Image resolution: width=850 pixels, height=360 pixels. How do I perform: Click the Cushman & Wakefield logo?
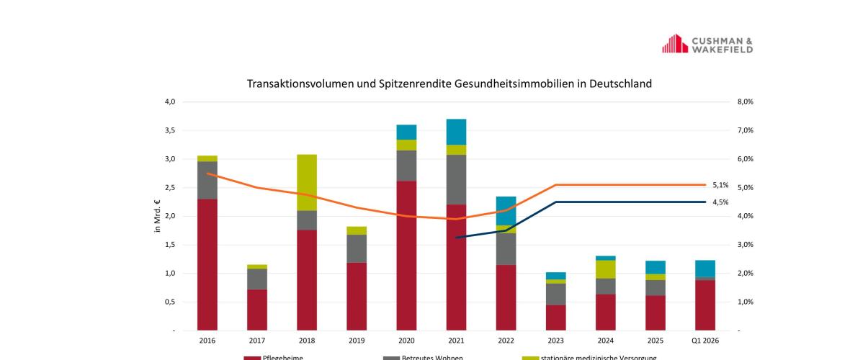click(707, 44)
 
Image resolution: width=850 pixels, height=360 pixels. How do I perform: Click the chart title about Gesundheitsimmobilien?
click(449, 84)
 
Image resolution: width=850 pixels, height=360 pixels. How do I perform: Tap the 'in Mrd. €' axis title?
click(158, 216)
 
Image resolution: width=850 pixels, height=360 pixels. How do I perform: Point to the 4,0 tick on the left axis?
click(170, 102)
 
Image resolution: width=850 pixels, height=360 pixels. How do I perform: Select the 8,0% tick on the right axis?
click(745, 102)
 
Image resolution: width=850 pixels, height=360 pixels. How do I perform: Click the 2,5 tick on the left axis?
click(170, 188)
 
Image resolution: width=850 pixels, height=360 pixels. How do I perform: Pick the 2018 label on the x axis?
click(307, 340)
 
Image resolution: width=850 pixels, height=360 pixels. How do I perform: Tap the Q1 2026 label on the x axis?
click(704, 340)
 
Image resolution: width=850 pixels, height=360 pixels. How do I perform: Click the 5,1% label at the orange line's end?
click(720, 185)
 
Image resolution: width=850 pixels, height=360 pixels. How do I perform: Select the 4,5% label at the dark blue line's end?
click(720, 202)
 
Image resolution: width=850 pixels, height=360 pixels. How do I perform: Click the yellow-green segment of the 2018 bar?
click(307, 182)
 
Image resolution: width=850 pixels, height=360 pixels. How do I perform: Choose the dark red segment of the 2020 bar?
click(406, 256)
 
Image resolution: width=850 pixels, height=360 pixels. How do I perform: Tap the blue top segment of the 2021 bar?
click(456, 132)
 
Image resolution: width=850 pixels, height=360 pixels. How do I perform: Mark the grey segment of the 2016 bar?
click(207, 180)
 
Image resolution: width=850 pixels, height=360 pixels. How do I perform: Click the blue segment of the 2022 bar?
click(506, 210)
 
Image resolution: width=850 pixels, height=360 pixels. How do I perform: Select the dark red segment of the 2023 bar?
click(555, 318)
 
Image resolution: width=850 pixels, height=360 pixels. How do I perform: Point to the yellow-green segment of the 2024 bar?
click(605, 269)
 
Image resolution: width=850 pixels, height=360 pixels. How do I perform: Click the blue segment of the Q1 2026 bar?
click(704, 268)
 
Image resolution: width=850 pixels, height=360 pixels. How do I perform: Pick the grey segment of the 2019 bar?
click(357, 248)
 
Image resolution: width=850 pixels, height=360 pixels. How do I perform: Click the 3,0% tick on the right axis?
click(745, 245)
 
